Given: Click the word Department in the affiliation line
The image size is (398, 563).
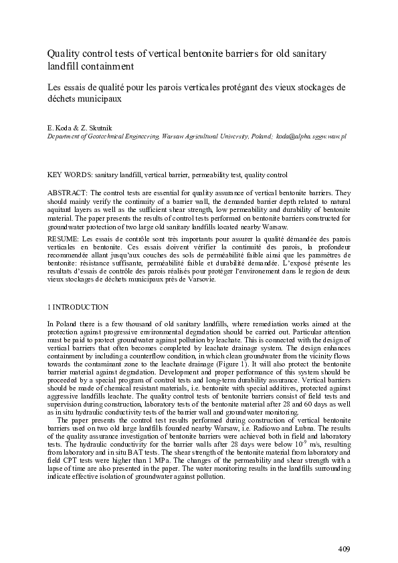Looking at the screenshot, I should point(66,136).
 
